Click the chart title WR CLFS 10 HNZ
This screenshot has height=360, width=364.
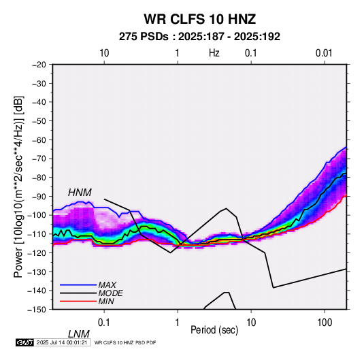[x=199, y=19]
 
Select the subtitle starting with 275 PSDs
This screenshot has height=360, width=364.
[x=199, y=37]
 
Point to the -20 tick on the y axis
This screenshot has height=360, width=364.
[x=39, y=65]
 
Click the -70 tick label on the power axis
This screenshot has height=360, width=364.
[x=39, y=159]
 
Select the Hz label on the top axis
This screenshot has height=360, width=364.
[x=214, y=53]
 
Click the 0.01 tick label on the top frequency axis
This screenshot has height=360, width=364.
[x=324, y=53]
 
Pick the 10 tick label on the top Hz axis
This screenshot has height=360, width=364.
[x=104, y=53]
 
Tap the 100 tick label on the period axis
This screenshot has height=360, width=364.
[x=325, y=323]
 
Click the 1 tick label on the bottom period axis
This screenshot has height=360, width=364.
[x=177, y=323]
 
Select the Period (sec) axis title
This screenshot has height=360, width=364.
[x=214, y=330]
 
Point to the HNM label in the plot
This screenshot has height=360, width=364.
[x=80, y=193]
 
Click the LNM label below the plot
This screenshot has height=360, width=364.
[x=78, y=334]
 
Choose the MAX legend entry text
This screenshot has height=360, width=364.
[x=107, y=285]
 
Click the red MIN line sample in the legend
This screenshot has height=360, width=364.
[x=78, y=301]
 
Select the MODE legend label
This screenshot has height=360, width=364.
[x=110, y=293]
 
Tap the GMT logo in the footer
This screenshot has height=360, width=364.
[x=25, y=342]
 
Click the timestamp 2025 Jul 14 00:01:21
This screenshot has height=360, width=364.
[x=62, y=342]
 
